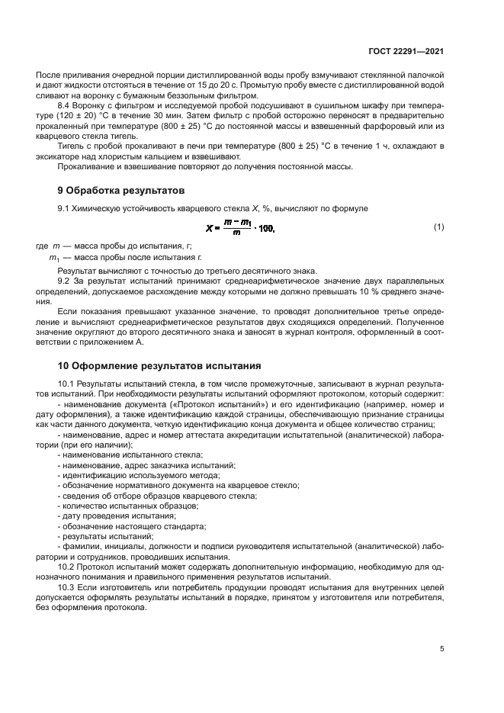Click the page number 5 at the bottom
(x=441, y=649)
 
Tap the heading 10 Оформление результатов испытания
(x=159, y=365)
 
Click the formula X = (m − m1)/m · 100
(x=240, y=228)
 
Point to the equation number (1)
(x=438, y=227)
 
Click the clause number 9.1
(x=65, y=208)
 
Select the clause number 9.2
(x=65, y=281)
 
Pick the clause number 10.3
(x=67, y=588)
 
